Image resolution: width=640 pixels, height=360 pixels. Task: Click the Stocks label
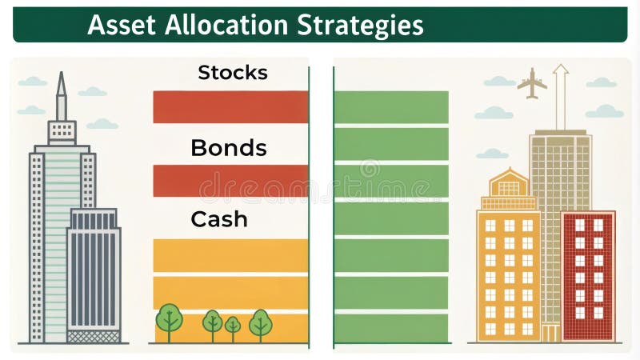[232, 73]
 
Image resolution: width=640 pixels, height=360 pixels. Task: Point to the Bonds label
[228, 147]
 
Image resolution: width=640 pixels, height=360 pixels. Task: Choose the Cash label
[218, 219]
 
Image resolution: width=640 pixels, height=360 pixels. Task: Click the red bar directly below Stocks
[230, 107]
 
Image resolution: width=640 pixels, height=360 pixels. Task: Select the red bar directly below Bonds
[230, 181]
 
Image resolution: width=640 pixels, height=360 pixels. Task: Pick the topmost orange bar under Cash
[230, 255]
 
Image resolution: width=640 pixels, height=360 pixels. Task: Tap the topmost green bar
[391, 107]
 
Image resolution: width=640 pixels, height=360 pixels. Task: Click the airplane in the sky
[532, 82]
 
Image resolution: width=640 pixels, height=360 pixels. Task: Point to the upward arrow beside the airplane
[561, 94]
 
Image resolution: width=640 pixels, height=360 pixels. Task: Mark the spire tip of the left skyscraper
[61, 77]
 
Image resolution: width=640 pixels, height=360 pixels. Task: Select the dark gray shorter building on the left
[94, 272]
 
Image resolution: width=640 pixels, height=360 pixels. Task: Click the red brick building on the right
[588, 276]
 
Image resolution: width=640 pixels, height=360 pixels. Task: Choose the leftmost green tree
[169, 318]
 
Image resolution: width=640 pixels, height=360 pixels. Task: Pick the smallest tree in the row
[233, 325]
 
